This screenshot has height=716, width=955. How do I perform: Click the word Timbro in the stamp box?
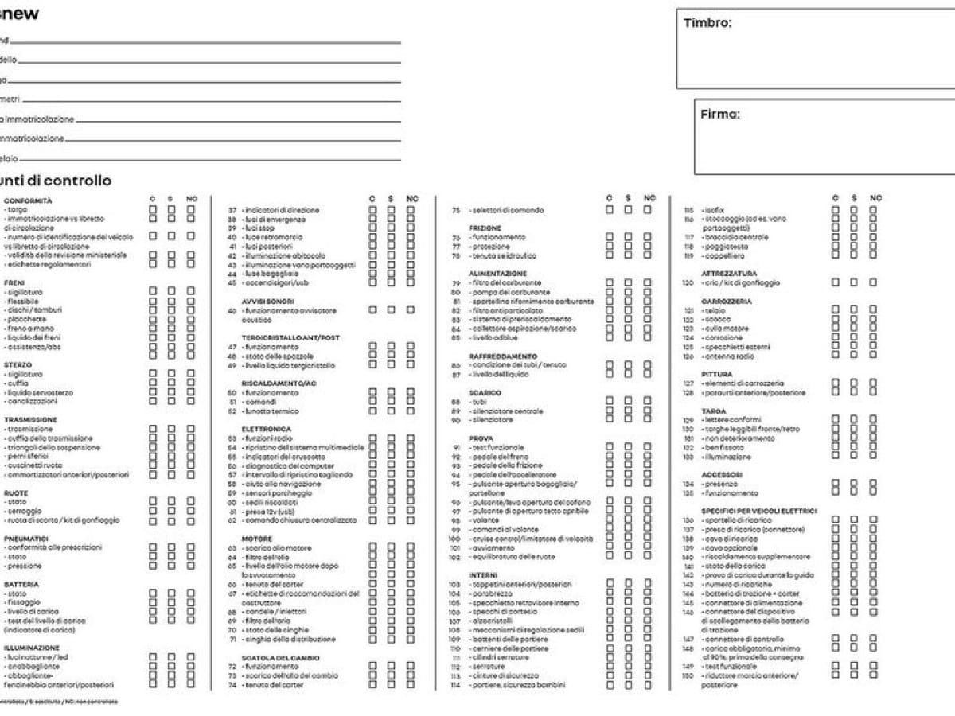(x=707, y=23)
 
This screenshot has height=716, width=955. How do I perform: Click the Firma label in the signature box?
(x=719, y=114)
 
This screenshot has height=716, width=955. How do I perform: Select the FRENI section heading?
(x=14, y=283)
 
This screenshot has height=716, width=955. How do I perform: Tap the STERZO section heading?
(x=18, y=365)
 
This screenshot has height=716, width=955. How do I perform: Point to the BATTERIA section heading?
(x=21, y=585)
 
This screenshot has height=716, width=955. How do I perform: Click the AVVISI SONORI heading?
(x=267, y=302)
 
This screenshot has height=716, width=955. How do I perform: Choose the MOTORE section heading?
(x=257, y=539)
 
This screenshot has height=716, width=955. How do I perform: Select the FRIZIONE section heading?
(x=485, y=228)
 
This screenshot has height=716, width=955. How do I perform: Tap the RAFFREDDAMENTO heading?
(x=502, y=356)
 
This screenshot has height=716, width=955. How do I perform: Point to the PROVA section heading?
(x=481, y=438)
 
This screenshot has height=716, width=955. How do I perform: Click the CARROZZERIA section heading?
(x=727, y=302)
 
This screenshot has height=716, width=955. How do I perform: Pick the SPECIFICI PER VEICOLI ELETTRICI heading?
(x=758, y=511)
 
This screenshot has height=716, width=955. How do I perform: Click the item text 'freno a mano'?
(x=31, y=329)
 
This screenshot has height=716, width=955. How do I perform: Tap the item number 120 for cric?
(x=688, y=282)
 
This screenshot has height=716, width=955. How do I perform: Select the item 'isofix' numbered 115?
(x=715, y=210)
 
